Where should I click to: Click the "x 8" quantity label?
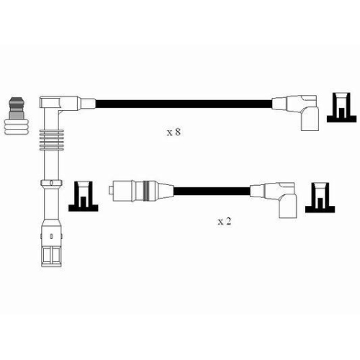coord(174,132)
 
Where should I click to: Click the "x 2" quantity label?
coord(224,221)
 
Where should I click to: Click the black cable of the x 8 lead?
coord(184,104)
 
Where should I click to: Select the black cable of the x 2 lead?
coord(212,192)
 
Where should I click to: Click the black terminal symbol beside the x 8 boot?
coord(341,107)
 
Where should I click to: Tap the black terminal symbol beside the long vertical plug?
coord(84,197)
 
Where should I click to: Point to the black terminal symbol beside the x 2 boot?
coord(320,197)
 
